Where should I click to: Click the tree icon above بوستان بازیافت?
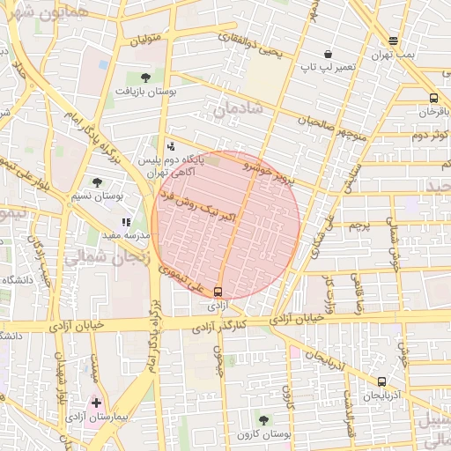click(144, 78)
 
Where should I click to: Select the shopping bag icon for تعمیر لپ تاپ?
click(328, 54)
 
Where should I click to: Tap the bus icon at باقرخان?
click(433, 98)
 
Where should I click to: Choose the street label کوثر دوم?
click(431, 134)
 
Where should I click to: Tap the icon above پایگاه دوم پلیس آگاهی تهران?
click(170, 146)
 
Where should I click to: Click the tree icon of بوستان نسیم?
click(97, 181)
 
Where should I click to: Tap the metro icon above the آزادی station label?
click(218, 292)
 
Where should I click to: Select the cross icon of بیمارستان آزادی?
click(96, 403)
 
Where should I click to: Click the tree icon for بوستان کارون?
click(264, 419)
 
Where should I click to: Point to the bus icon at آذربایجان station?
click(381, 381)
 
